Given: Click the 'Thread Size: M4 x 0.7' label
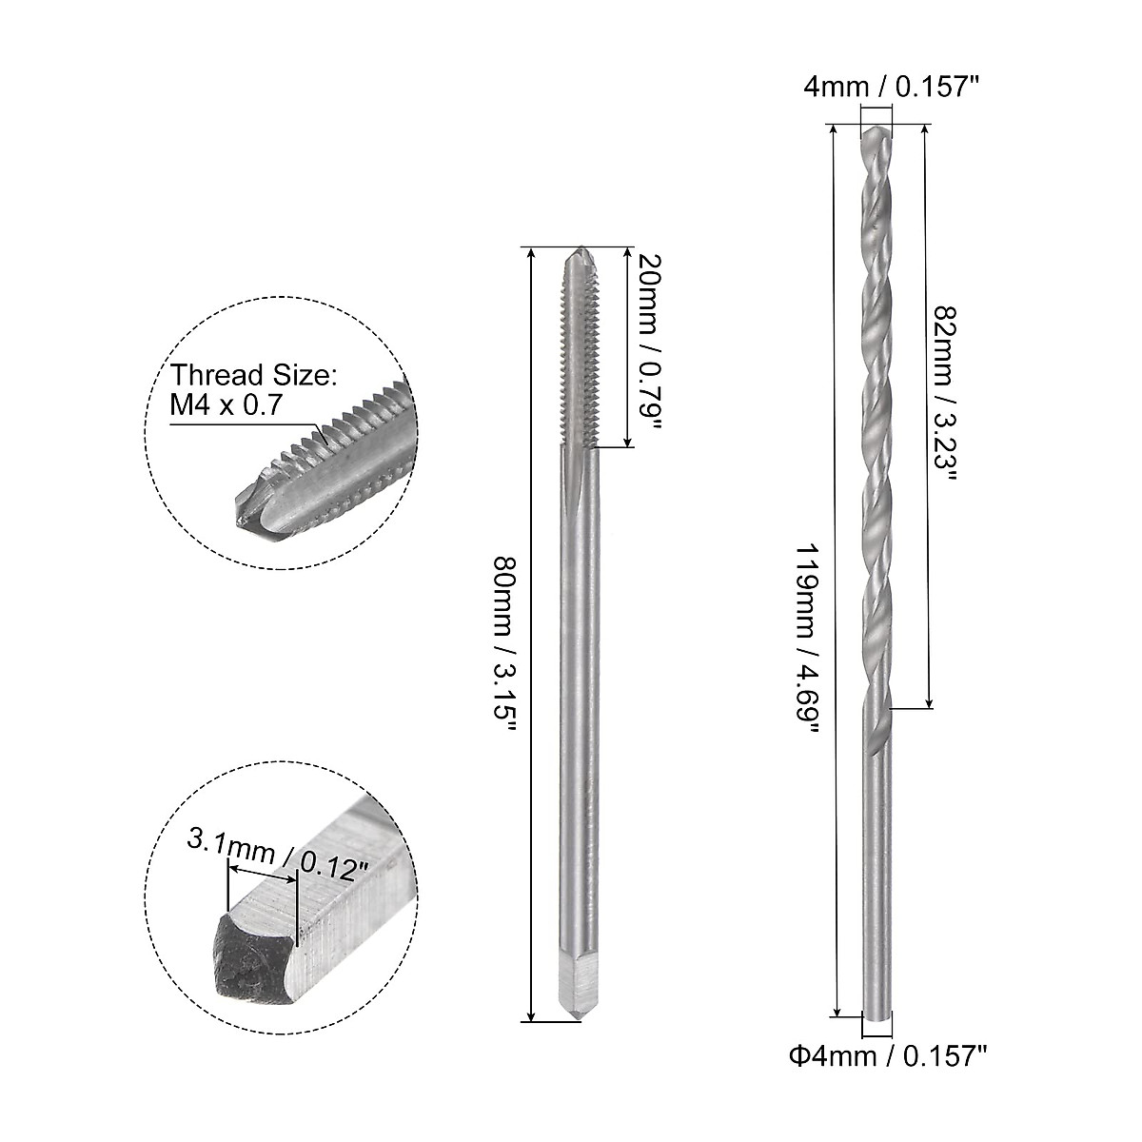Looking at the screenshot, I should (x=254, y=390).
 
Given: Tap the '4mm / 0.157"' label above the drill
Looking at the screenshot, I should (x=892, y=88).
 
